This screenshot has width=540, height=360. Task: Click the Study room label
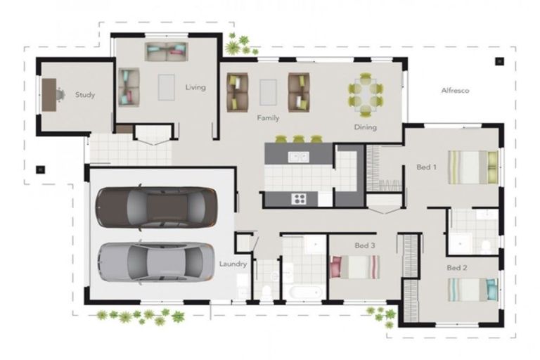click(x=85, y=95)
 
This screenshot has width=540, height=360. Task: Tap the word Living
click(x=195, y=88)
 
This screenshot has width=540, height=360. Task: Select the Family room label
click(x=268, y=117)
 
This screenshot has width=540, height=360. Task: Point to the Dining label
click(x=366, y=127)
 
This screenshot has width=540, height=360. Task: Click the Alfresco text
click(x=455, y=91)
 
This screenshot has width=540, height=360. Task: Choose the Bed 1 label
click(x=427, y=167)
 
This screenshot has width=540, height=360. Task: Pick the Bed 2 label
click(x=456, y=268)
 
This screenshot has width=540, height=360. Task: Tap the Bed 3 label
click(x=365, y=245)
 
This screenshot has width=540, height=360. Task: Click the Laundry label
click(x=232, y=264)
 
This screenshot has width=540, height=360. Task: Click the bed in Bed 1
click(x=472, y=167)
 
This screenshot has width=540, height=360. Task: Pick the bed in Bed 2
click(x=472, y=289)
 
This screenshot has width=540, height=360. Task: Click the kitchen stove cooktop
click(x=300, y=198)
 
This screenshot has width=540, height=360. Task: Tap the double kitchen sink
click(x=298, y=157)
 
